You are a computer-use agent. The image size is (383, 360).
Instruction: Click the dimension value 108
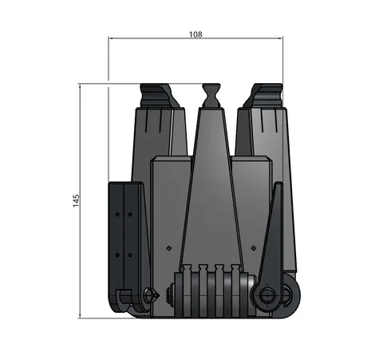[x=195, y=34]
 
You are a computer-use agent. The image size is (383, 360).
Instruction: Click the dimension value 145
[x=76, y=200]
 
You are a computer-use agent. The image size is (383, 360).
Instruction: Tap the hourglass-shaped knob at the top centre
[x=211, y=96]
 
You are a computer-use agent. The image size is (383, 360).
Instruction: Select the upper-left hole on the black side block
[x=117, y=215]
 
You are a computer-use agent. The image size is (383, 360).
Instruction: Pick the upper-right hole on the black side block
[x=130, y=215]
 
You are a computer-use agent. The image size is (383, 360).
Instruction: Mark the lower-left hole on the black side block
[x=117, y=255]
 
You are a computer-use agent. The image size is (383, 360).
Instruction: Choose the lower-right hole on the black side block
[x=130, y=255]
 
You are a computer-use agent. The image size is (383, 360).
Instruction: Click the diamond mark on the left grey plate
[x=169, y=248]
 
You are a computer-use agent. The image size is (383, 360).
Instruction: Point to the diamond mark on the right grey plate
[x=253, y=248]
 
